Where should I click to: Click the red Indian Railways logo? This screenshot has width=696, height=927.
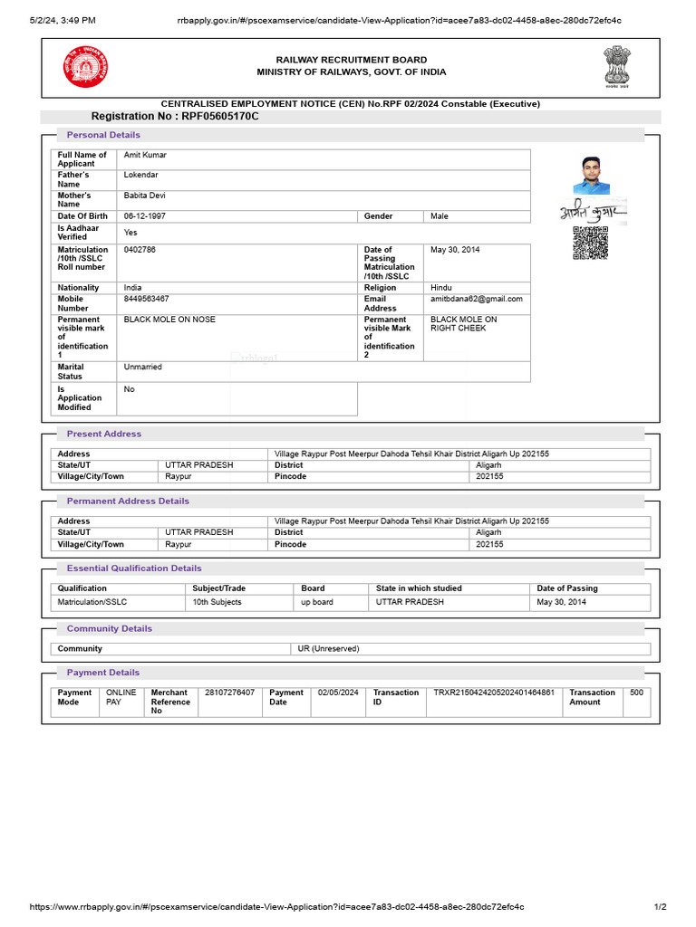tap(84, 66)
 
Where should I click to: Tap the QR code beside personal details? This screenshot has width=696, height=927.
tap(590, 243)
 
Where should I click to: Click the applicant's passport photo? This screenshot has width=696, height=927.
tap(591, 175)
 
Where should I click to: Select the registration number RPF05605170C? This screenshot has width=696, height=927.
tap(175, 117)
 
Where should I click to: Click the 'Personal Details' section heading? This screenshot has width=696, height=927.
tap(103, 135)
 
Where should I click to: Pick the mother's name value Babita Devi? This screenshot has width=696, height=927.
tap(144, 196)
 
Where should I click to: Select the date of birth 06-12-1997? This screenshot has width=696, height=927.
tap(146, 216)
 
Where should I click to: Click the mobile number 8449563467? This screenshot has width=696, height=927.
tap(146, 299)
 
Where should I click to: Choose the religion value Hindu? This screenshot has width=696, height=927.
tap(441, 288)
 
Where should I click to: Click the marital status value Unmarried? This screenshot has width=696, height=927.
tap(143, 367)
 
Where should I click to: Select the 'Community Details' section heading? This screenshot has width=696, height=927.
tap(109, 628)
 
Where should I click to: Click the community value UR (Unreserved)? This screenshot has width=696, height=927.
tap(328, 648)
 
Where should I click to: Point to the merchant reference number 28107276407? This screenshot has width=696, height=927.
tap(229, 693)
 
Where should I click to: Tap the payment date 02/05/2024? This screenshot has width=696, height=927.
tap(338, 693)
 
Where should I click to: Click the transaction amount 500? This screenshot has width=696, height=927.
tap(636, 693)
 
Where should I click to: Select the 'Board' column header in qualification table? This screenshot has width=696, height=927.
tap(313, 588)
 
